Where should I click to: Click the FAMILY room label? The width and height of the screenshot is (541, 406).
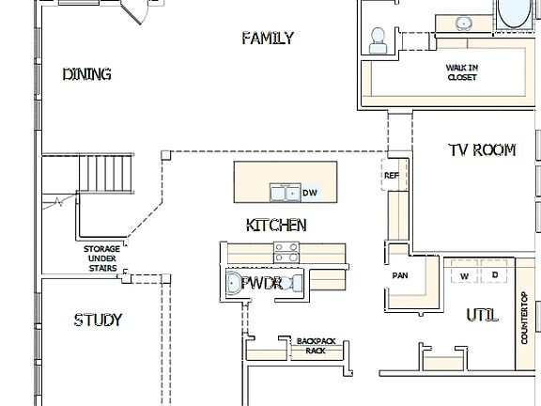coord(268,39)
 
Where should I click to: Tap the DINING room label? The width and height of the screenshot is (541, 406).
coord(87,74)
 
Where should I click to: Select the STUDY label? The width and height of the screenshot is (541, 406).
coord(98,320)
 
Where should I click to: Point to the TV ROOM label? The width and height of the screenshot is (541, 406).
coord(481,149)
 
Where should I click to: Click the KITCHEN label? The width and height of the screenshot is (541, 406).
coord(276,226)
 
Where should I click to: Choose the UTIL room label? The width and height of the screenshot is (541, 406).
coord(482,316)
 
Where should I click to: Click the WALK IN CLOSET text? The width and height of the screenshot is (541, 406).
coord(461,72)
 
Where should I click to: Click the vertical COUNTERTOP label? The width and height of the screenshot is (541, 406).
coord(525,318)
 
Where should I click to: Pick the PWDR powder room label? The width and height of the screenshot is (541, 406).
coord(262,283)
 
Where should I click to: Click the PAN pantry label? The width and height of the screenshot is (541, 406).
coord(399,276)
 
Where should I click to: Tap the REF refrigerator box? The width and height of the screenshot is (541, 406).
coord(392,176)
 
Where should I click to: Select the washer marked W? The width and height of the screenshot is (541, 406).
coord(464,275)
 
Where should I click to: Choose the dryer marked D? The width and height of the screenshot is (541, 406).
coord(494,275)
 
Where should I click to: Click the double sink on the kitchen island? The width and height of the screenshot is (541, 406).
coord(286,193)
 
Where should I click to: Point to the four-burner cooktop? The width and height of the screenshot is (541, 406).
coord(286,252)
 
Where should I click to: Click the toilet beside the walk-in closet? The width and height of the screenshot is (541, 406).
coord(379,39)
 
